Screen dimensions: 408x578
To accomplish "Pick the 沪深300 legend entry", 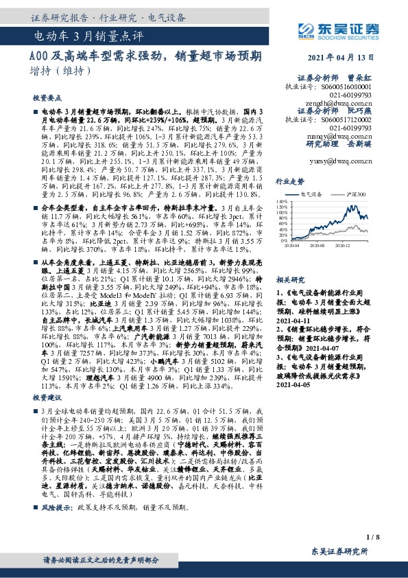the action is pyautogui.click(x=356, y=195).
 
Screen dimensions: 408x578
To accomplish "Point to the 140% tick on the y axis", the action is pyautogui.click(x=282, y=201).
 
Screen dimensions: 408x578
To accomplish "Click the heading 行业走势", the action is pyautogui.click(x=289, y=181).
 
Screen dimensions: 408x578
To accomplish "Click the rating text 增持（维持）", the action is pyautogui.click(x=60, y=71).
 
